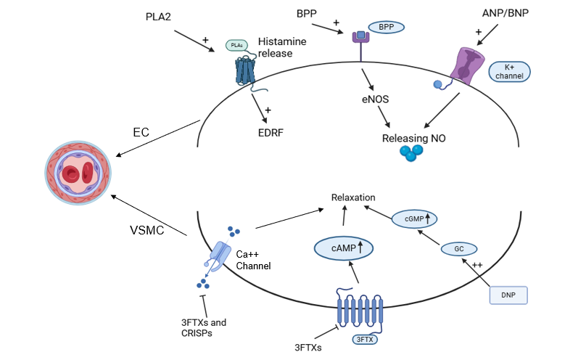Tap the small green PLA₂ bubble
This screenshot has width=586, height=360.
click(236, 45)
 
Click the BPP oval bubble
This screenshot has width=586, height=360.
click(387, 27)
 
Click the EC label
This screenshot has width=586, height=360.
click(141, 132)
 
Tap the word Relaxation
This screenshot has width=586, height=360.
click(353, 197)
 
